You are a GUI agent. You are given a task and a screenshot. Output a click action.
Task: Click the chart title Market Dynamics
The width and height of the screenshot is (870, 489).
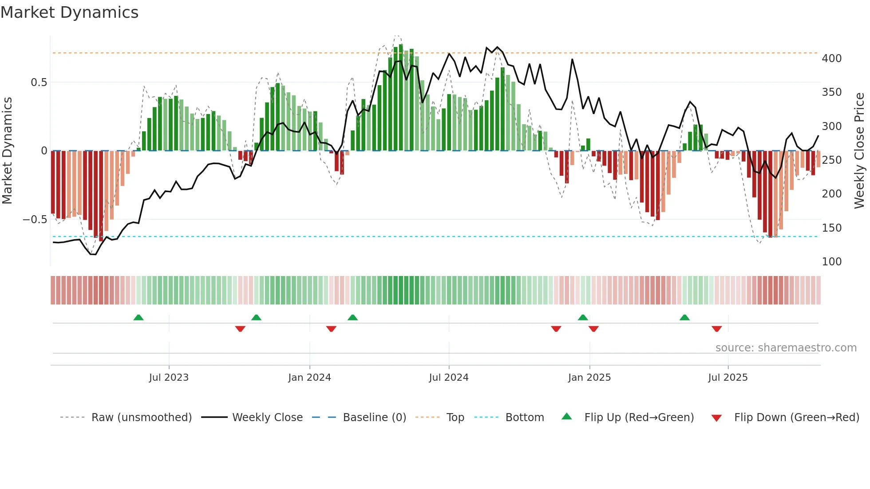pos(69,12)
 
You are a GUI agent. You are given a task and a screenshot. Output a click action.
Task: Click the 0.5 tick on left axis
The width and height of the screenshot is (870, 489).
pos(39,83)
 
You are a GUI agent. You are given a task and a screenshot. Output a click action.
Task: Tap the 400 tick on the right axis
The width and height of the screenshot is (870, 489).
pos(831,59)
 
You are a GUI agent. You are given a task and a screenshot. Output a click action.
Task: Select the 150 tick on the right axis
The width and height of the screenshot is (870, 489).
pos(831,228)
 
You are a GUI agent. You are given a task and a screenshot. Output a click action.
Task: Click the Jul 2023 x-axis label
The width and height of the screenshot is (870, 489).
pos(169,378)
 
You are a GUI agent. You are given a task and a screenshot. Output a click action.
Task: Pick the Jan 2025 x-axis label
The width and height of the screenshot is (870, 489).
pos(589,378)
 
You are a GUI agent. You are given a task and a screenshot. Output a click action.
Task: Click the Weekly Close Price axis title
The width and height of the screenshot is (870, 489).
pos(859,151)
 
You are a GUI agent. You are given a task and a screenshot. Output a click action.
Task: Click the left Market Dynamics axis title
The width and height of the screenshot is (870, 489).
pos(7,151)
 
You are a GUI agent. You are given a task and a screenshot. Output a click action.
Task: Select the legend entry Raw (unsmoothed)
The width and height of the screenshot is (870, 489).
pos(141,418)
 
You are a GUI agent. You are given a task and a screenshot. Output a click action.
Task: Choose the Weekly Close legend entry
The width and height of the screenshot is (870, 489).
pos(267,418)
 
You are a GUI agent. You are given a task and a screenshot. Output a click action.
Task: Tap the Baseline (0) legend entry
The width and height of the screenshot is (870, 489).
pos(374,418)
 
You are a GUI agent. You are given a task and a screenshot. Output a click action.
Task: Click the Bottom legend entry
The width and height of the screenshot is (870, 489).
pos(524,418)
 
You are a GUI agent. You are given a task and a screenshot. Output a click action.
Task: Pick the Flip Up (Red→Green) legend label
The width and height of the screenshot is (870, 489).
pos(639,418)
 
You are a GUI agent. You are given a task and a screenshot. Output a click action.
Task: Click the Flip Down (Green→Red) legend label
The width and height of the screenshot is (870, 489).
pos(796,418)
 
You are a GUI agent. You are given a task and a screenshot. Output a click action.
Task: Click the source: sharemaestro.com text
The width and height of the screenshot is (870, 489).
pos(786,348)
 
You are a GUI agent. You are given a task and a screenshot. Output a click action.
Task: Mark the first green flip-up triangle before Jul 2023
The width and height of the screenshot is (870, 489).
pos(138,317)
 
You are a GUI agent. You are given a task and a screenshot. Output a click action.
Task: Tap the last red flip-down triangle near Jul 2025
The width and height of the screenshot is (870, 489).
pos(716,329)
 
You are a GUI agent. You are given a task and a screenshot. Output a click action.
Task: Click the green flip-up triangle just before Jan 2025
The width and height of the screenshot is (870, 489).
pos(583,317)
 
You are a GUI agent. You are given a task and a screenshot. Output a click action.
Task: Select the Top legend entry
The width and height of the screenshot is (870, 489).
pos(455,418)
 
